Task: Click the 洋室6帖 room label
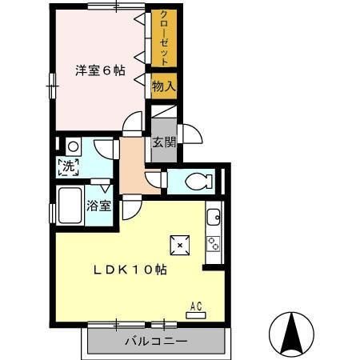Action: point(101,70)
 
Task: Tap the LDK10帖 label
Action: point(132,270)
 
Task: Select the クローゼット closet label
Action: point(164,38)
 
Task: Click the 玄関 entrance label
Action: point(163,144)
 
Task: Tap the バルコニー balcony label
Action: point(155,342)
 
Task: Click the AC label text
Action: point(195,305)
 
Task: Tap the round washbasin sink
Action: point(73,146)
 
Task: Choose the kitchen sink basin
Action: point(214,216)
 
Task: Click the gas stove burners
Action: point(214,243)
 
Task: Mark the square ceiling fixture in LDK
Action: point(180,245)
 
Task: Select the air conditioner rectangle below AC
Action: point(195,314)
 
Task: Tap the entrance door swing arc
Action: point(189,134)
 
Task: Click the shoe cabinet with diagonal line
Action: point(162,112)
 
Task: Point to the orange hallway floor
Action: point(131,168)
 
